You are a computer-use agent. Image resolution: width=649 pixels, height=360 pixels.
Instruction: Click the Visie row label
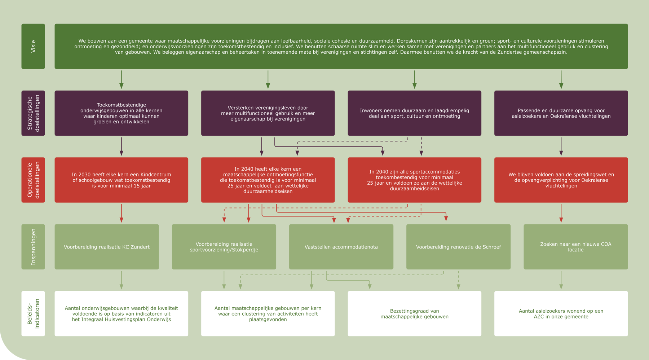[33, 46]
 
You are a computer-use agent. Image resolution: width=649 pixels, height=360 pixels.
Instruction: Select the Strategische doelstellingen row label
[33, 113]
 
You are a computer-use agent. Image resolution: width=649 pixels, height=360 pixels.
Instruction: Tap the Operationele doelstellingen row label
[33, 180]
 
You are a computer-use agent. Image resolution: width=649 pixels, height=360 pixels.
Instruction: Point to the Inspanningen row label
[33, 247]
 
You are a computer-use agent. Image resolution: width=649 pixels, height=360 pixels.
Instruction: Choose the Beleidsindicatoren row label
[33, 313]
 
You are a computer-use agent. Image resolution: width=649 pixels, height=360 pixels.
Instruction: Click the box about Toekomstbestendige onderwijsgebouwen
[122, 113]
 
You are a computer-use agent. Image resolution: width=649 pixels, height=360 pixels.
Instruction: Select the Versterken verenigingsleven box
[268, 113]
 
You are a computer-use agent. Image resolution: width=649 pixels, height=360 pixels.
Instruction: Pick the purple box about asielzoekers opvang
[561, 113]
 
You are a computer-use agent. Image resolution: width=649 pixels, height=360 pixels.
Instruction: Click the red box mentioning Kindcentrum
[122, 180]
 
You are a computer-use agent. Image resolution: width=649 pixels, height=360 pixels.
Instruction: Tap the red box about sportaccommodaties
[414, 180]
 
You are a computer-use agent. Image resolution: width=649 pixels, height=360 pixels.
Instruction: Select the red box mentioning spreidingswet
[561, 180]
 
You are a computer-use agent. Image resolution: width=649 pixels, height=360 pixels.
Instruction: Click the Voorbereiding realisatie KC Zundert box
[107, 247]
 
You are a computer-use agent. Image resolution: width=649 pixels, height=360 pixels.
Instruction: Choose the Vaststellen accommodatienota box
[341, 247]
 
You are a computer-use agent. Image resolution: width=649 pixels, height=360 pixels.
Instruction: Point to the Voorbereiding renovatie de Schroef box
[458, 247]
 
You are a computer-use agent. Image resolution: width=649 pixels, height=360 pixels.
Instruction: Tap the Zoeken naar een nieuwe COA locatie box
[575, 247]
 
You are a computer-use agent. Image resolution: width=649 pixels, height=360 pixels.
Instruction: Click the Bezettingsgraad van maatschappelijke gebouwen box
[414, 313]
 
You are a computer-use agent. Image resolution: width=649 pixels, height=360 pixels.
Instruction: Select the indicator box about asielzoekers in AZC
[561, 313]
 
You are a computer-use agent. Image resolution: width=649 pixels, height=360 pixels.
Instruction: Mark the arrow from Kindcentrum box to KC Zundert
[122, 213]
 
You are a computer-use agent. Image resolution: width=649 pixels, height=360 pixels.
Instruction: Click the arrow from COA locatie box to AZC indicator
[561, 280]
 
